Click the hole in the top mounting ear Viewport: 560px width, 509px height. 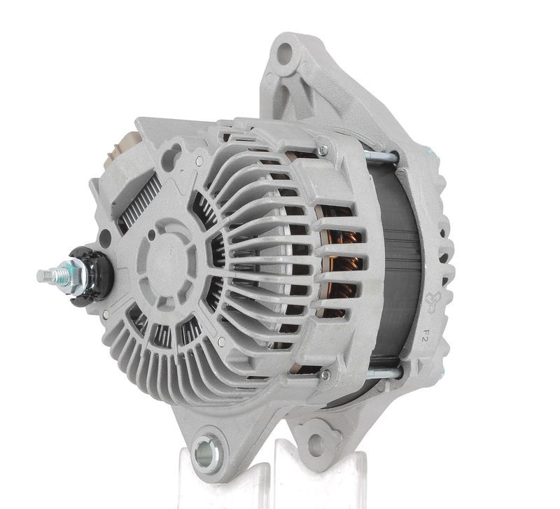[x=285, y=54]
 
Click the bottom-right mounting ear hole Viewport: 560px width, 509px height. [x=316, y=445]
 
